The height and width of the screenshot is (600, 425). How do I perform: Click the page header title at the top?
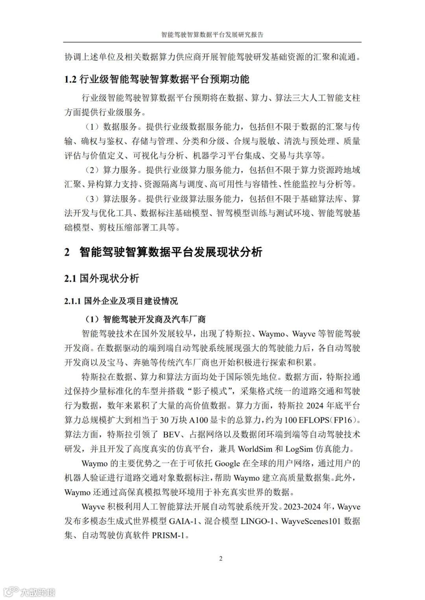(213, 34)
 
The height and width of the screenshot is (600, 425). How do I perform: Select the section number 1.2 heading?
(157, 79)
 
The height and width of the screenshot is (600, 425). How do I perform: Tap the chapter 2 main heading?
(163, 252)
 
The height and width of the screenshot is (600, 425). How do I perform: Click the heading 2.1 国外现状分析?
(102, 278)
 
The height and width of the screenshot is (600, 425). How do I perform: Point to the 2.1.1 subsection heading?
(121, 301)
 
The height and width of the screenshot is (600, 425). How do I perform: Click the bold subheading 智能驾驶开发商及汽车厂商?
(154, 319)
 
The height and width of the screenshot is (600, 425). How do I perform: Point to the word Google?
(227, 463)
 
